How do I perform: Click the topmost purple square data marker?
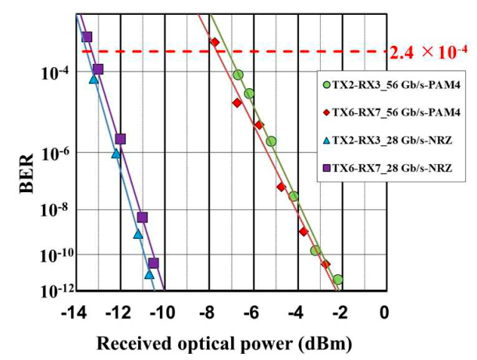[87, 37]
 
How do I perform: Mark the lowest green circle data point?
[337, 279]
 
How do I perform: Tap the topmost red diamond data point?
[215, 42]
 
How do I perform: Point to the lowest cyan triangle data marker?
[149, 274]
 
